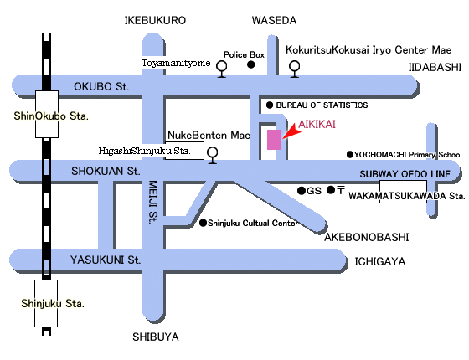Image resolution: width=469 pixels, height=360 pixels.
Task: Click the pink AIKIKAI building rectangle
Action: point(274,140)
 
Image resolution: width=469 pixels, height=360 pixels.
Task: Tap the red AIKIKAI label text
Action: point(317,124)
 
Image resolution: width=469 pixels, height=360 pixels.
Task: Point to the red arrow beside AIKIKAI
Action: point(291,132)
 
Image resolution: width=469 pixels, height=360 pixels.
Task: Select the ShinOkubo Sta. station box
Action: point(47,114)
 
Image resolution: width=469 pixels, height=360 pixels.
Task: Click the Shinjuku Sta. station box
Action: point(46,303)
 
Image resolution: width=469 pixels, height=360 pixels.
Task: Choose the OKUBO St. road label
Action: point(101,87)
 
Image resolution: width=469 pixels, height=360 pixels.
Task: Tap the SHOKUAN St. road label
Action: point(106,172)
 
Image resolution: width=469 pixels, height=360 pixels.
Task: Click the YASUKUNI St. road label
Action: point(106,260)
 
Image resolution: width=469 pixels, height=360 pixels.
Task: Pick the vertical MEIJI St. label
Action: point(152,202)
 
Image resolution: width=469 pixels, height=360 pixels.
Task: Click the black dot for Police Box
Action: point(251,64)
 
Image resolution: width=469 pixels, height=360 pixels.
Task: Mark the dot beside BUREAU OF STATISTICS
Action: point(270,105)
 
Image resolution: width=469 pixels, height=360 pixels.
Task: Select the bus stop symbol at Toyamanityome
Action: point(222,69)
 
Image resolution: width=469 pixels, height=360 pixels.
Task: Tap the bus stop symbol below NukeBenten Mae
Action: point(213,156)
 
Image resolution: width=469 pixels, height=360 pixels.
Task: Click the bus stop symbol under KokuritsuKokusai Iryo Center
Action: point(295,69)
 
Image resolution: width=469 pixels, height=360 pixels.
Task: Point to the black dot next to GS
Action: point(301,191)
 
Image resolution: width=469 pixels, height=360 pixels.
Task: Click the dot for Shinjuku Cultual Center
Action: point(203,223)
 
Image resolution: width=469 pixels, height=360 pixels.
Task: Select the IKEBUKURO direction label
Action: point(155,20)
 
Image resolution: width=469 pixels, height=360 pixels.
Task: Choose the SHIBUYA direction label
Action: point(156,337)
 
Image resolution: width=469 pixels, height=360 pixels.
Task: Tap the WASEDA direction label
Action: point(275,20)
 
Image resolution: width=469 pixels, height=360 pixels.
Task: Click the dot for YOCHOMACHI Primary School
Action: point(350,154)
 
